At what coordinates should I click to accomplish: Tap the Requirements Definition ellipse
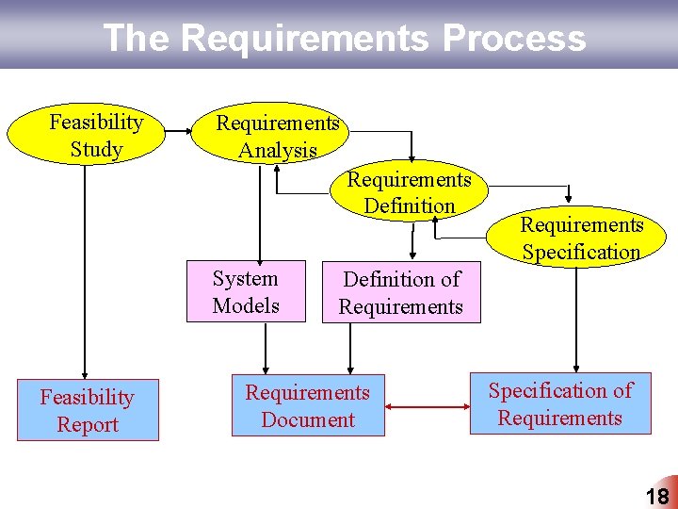click(x=410, y=191)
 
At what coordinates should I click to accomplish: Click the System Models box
click(x=246, y=292)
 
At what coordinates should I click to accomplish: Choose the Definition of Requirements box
click(x=401, y=293)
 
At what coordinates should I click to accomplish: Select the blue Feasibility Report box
click(x=88, y=411)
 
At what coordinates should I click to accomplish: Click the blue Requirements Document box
click(x=308, y=406)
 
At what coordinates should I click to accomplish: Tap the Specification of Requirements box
click(x=560, y=404)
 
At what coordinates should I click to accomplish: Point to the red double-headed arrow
click(x=428, y=408)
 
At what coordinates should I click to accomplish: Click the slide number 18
click(x=657, y=497)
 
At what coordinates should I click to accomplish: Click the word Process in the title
click(x=513, y=39)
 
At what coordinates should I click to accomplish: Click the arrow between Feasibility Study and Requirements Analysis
click(x=180, y=136)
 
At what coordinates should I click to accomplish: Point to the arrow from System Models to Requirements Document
click(x=266, y=349)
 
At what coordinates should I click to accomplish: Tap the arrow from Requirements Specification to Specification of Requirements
click(x=576, y=320)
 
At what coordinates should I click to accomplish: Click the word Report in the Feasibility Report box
click(x=88, y=425)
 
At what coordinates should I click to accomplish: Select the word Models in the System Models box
click(x=246, y=305)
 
